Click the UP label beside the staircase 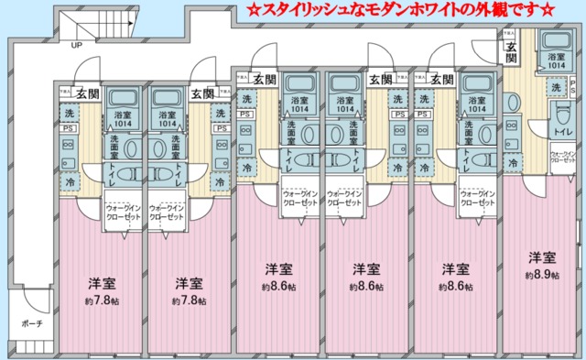[76, 45]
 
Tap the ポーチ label [33, 324]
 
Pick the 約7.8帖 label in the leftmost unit [100, 300]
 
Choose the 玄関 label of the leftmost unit [88, 93]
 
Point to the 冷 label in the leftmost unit [71, 182]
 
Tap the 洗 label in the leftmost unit [71, 113]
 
